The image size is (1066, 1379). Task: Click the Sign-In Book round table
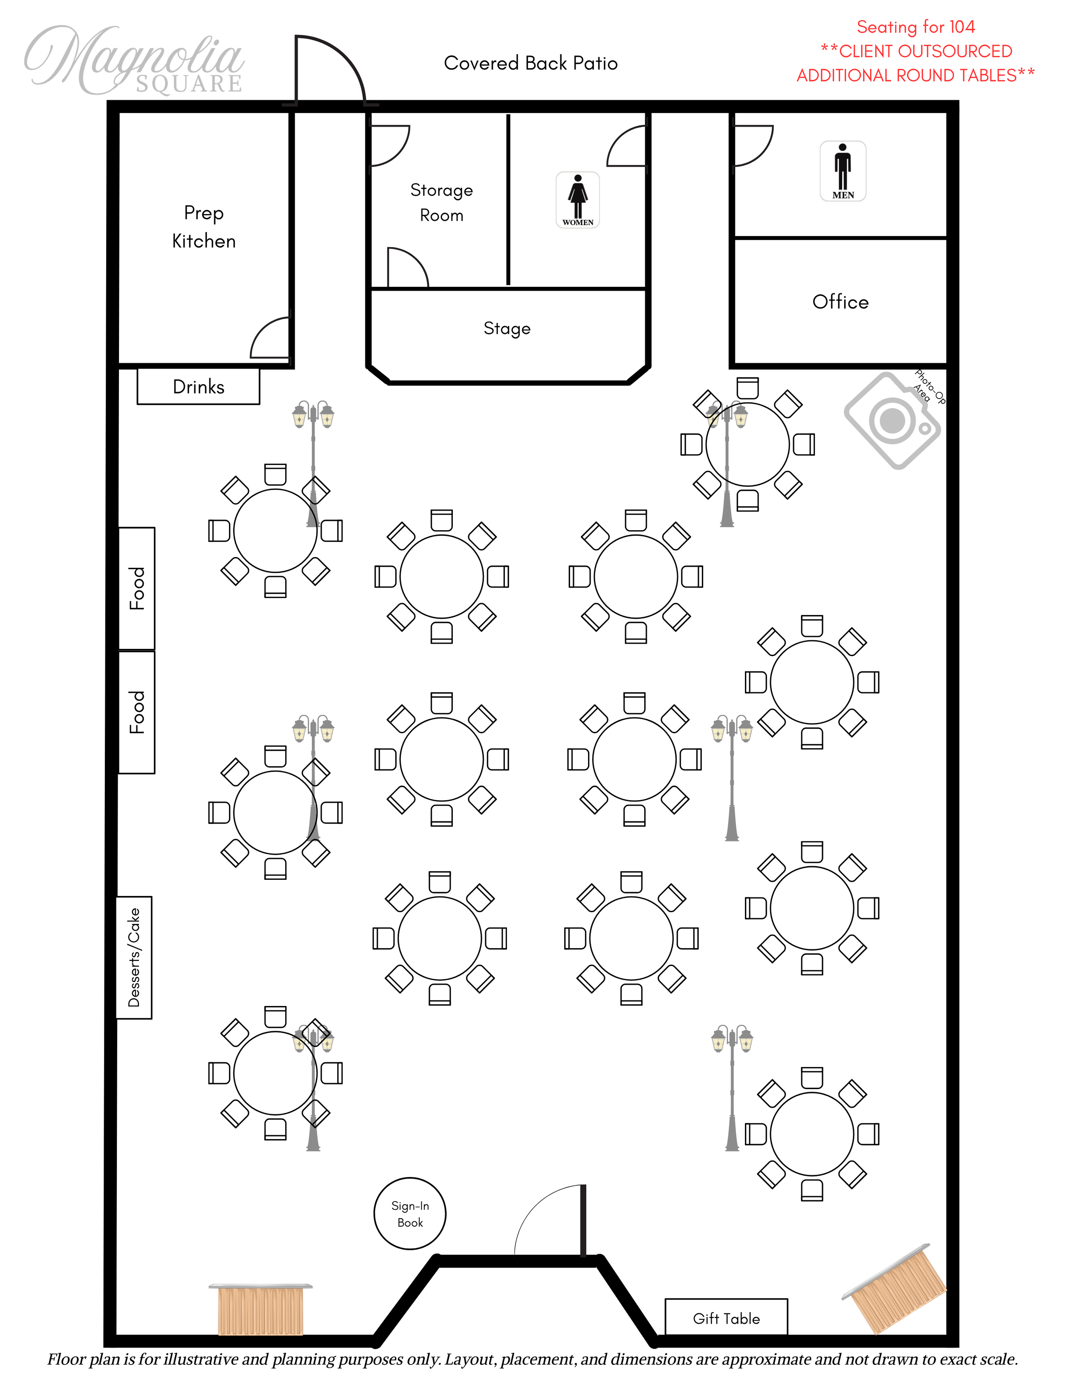[410, 1213]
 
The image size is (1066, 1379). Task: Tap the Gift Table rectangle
[726, 1316]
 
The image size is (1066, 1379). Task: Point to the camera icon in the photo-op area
[892, 420]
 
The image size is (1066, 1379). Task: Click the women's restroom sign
[578, 199]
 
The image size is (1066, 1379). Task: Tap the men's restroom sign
[843, 171]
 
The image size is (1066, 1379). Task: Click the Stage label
[507, 328]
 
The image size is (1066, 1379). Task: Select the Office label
[840, 302]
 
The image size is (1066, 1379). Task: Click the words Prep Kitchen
[203, 227]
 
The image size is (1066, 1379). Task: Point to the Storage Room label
[441, 202]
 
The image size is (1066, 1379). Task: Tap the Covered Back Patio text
[530, 63]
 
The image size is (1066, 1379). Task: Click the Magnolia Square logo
[134, 60]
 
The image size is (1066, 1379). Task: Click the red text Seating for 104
[916, 27]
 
